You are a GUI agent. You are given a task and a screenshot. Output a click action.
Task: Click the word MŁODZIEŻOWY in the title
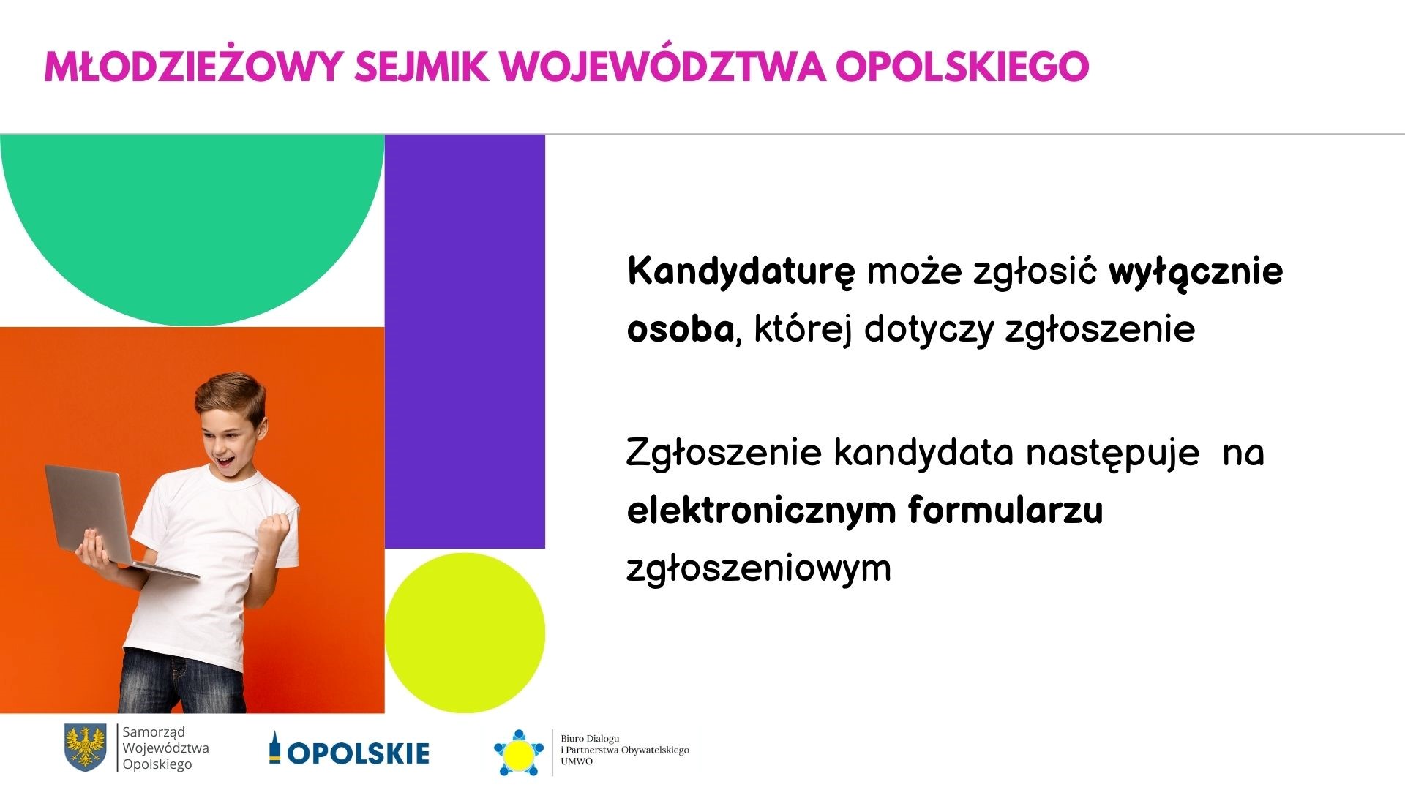(192, 67)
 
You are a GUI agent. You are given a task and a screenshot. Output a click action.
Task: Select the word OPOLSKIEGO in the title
(962, 67)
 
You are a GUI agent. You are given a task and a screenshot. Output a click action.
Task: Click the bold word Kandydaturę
(741, 272)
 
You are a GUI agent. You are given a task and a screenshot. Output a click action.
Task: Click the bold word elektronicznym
(762, 511)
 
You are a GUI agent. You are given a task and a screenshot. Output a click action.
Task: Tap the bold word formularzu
(1005, 509)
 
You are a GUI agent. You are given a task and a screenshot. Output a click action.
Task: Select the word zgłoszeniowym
(759, 569)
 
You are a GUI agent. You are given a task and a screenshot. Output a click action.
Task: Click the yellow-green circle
(465, 633)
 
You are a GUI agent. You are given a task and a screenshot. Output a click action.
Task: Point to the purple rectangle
(465, 341)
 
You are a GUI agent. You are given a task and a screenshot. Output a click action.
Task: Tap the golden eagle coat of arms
(85, 747)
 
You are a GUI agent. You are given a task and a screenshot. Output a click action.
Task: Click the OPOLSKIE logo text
(359, 753)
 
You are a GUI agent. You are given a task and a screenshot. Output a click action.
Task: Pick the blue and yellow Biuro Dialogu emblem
(520, 753)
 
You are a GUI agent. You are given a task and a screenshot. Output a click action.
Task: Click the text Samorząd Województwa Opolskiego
(165, 748)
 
